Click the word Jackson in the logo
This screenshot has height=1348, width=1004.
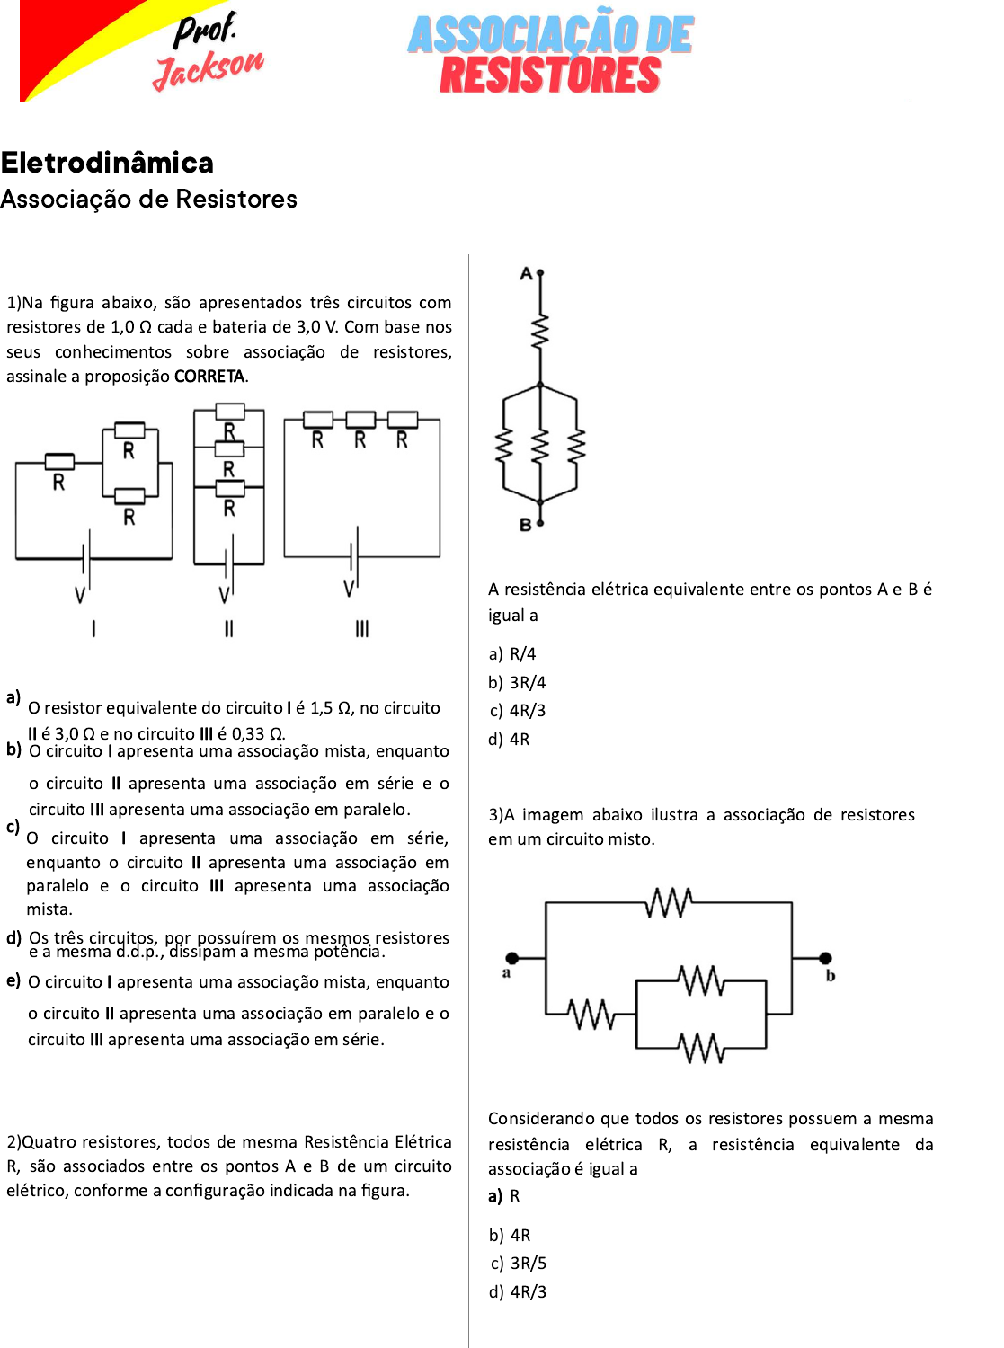(x=209, y=69)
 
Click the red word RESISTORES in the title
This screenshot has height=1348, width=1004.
(x=550, y=75)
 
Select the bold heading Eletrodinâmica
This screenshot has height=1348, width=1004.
(x=107, y=163)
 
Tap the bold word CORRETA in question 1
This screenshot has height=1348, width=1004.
(x=209, y=376)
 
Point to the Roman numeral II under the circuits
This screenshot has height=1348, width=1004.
(x=228, y=629)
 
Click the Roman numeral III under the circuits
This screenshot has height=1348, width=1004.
(x=361, y=629)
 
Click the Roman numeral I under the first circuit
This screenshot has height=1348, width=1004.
(x=93, y=629)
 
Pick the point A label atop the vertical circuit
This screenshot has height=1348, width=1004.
(x=527, y=273)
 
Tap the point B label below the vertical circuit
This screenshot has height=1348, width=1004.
(x=526, y=525)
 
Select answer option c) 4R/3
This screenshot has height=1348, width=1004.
(x=518, y=711)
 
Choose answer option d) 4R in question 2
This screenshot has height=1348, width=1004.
(x=510, y=740)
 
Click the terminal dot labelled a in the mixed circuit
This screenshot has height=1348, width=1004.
(x=512, y=958)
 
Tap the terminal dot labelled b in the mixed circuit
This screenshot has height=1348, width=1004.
(x=825, y=958)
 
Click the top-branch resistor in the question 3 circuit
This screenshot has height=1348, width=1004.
(x=669, y=902)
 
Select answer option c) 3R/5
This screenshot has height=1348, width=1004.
(x=519, y=1264)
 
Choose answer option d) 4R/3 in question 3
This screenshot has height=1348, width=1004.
(x=518, y=1292)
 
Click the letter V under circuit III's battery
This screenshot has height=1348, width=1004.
(x=349, y=589)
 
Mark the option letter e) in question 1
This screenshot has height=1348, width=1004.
(x=13, y=980)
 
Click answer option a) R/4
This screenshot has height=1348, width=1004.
(x=512, y=654)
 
